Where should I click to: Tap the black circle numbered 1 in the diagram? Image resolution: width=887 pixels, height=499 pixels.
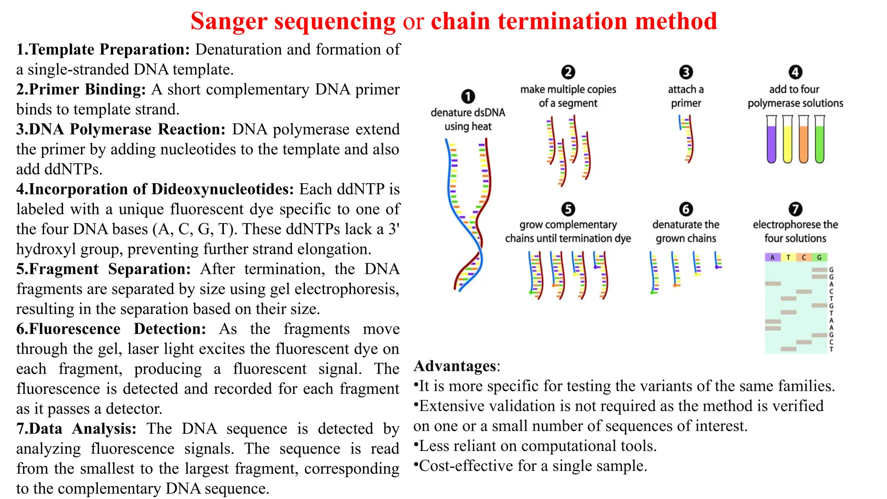(468, 96)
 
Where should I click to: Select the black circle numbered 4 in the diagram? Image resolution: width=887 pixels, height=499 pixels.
(795, 72)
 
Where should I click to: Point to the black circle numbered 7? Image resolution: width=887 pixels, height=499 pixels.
(795, 209)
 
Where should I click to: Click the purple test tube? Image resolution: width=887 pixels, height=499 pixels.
(771, 139)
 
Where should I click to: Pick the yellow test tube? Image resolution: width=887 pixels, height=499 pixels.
(787, 139)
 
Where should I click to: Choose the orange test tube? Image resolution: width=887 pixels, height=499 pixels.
(803, 139)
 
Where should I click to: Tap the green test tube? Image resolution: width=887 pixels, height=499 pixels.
(819, 139)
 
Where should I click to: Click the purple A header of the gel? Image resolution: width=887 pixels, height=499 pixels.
(772, 257)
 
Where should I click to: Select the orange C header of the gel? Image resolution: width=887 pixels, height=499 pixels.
(804, 257)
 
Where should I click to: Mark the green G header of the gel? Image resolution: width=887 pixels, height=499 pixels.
(819, 257)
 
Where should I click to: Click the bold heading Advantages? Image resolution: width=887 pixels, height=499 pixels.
(455, 366)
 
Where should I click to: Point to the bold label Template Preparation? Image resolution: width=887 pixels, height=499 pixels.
(110, 49)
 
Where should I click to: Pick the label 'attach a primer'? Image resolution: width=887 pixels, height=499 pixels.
(686, 96)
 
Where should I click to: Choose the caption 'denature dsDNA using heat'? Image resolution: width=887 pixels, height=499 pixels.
(468, 120)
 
